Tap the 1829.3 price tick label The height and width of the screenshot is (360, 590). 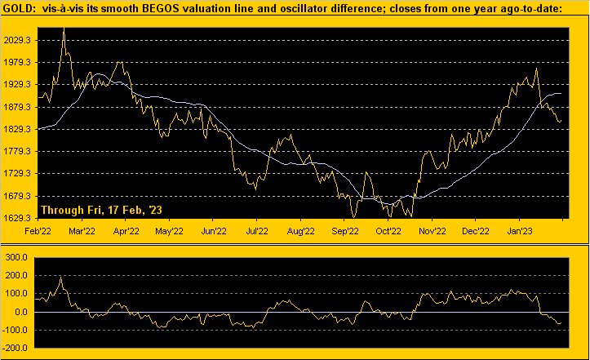tap(19, 129)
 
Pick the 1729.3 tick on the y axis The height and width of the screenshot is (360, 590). tap(19, 174)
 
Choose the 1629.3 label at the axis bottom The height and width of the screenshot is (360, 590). tap(19, 218)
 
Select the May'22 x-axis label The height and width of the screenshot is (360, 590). tap(167, 231)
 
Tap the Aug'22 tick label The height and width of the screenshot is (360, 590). tap(301, 231)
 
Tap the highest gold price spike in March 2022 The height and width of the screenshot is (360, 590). tap(64, 29)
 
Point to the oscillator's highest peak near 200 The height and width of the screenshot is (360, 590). tap(61, 277)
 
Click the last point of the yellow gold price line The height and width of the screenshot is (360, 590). tap(561, 122)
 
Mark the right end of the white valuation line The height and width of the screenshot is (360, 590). tap(561, 93)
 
